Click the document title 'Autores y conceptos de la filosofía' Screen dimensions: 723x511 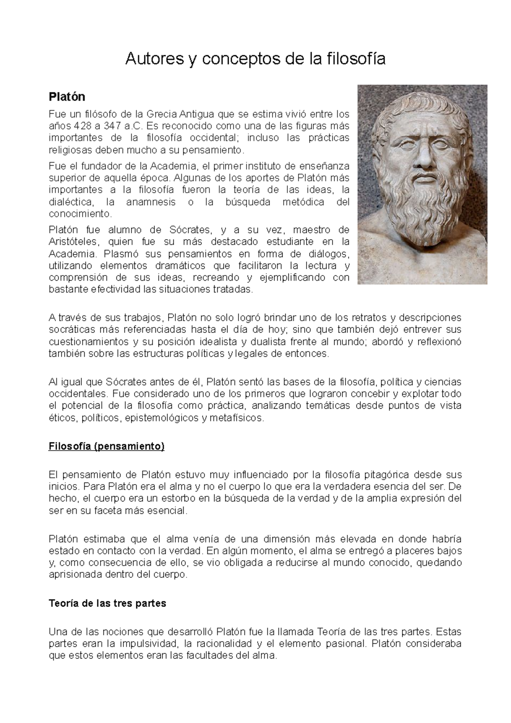255,59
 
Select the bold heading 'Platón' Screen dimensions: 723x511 67,97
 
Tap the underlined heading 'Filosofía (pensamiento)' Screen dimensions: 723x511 106,446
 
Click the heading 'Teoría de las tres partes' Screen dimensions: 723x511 107,603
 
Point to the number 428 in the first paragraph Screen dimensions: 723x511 82,126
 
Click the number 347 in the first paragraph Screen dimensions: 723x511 112,126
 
